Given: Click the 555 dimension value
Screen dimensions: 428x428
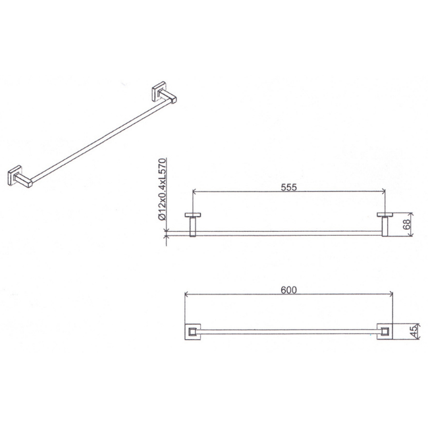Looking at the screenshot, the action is [x=288, y=187].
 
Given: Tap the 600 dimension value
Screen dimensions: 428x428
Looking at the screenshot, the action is [x=288, y=290].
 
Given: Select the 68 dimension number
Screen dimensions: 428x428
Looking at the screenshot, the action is [x=407, y=225].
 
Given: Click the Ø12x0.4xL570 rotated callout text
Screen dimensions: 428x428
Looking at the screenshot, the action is [x=162, y=189].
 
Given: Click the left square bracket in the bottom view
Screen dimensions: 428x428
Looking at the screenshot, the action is [x=193, y=332].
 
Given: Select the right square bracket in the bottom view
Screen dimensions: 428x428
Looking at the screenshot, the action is [x=385, y=332].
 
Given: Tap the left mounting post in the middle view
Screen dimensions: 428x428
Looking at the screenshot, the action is [x=193, y=227].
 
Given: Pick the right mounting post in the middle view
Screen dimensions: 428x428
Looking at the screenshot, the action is [x=385, y=227].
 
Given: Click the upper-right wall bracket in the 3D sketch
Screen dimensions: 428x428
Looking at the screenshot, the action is [x=163, y=93].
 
